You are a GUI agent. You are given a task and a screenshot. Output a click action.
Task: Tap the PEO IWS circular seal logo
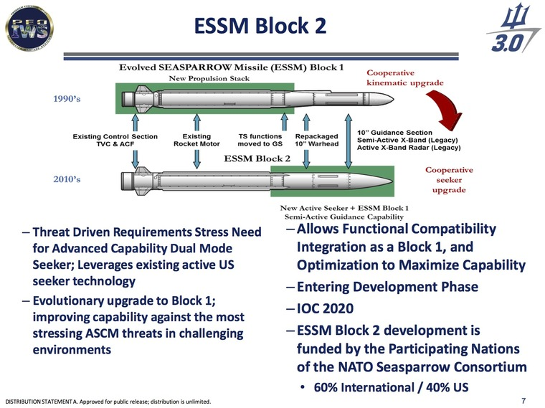click(x=27, y=28)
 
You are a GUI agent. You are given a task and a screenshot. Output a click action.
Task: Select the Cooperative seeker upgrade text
click(x=449, y=180)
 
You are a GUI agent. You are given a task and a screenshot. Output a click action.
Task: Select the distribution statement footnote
click(x=108, y=400)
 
